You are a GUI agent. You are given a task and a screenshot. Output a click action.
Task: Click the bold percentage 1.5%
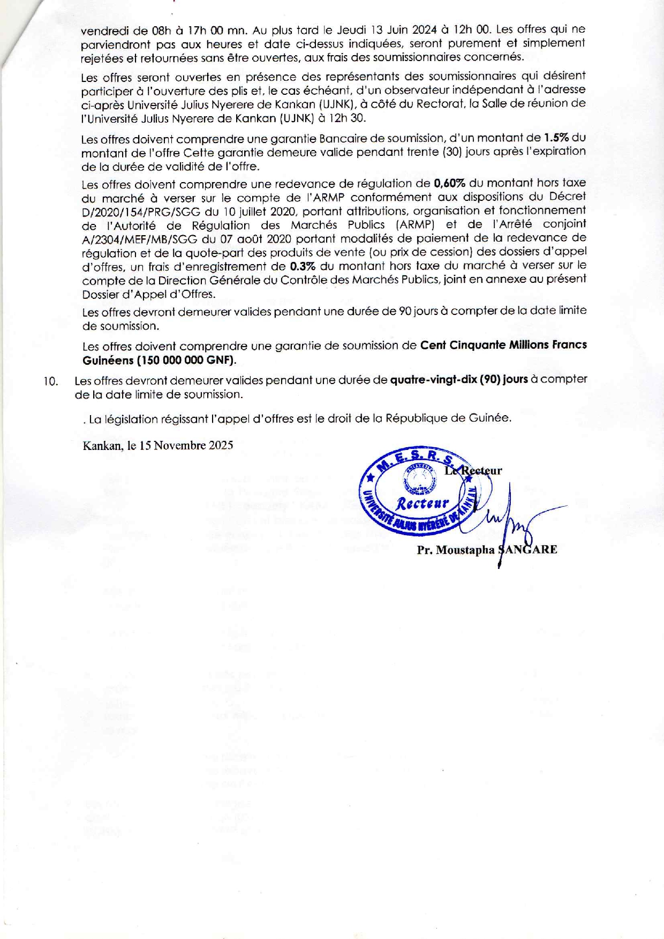click(556, 138)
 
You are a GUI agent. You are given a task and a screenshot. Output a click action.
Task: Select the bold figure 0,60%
click(449, 183)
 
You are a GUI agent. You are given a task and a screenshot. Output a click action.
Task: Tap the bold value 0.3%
click(302, 266)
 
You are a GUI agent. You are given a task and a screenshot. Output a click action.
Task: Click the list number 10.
click(51, 381)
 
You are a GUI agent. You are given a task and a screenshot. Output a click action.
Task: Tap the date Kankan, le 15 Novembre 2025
click(158, 446)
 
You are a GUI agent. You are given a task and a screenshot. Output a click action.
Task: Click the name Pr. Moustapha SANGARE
click(487, 550)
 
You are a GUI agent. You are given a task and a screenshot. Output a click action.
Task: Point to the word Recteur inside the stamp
click(422, 504)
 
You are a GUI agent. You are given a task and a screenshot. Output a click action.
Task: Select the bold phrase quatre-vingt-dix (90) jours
click(459, 379)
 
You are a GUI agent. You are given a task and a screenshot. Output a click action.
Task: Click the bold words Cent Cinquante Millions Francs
click(503, 345)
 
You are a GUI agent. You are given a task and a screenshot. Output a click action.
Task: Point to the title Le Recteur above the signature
click(473, 471)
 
